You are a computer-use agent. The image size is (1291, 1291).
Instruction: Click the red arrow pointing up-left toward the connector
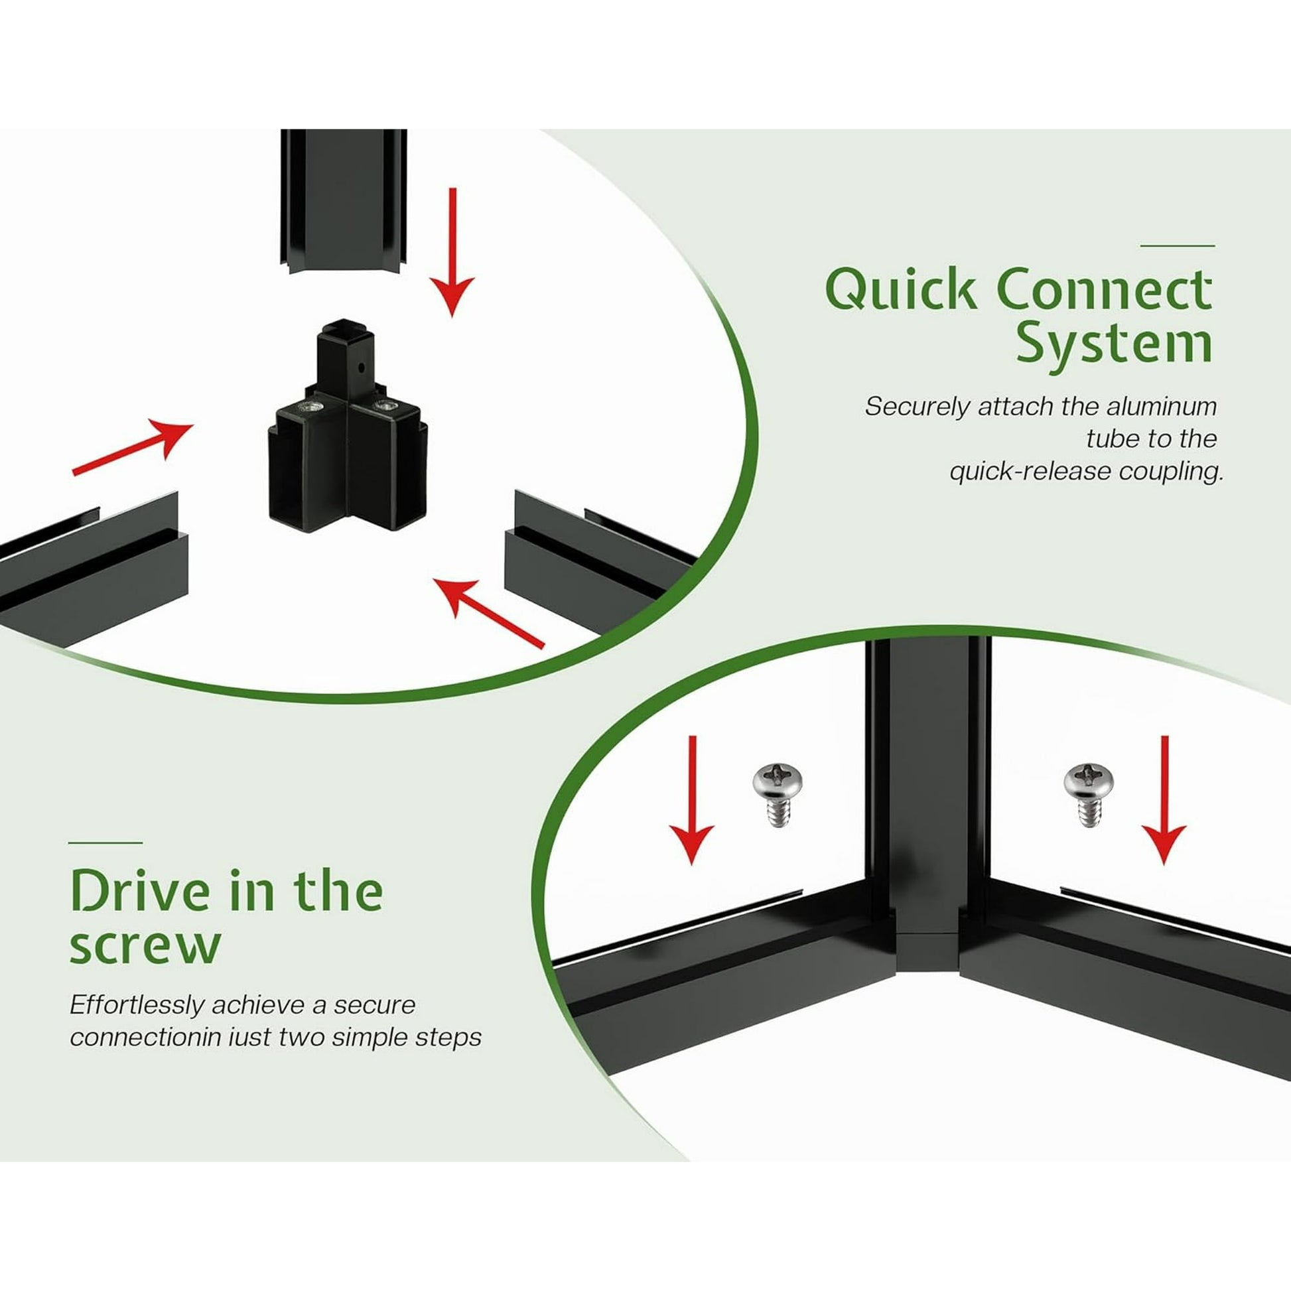tap(488, 612)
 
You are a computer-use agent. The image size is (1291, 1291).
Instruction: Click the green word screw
tap(145, 945)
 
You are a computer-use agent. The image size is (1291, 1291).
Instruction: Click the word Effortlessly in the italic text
tap(137, 1004)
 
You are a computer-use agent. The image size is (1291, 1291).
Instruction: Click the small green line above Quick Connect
tap(1177, 246)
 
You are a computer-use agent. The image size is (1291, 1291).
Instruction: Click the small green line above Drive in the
tap(105, 843)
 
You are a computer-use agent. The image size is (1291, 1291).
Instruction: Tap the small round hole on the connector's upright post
tap(361, 367)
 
